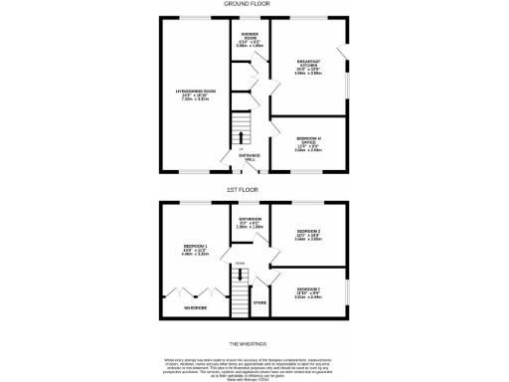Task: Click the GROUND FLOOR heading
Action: (x=254, y=5)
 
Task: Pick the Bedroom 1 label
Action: (x=195, y=249)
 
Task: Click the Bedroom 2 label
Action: (x=309, y=235)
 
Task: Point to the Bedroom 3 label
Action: (x=309, y=292)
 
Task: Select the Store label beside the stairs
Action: (x=259, y=301)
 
